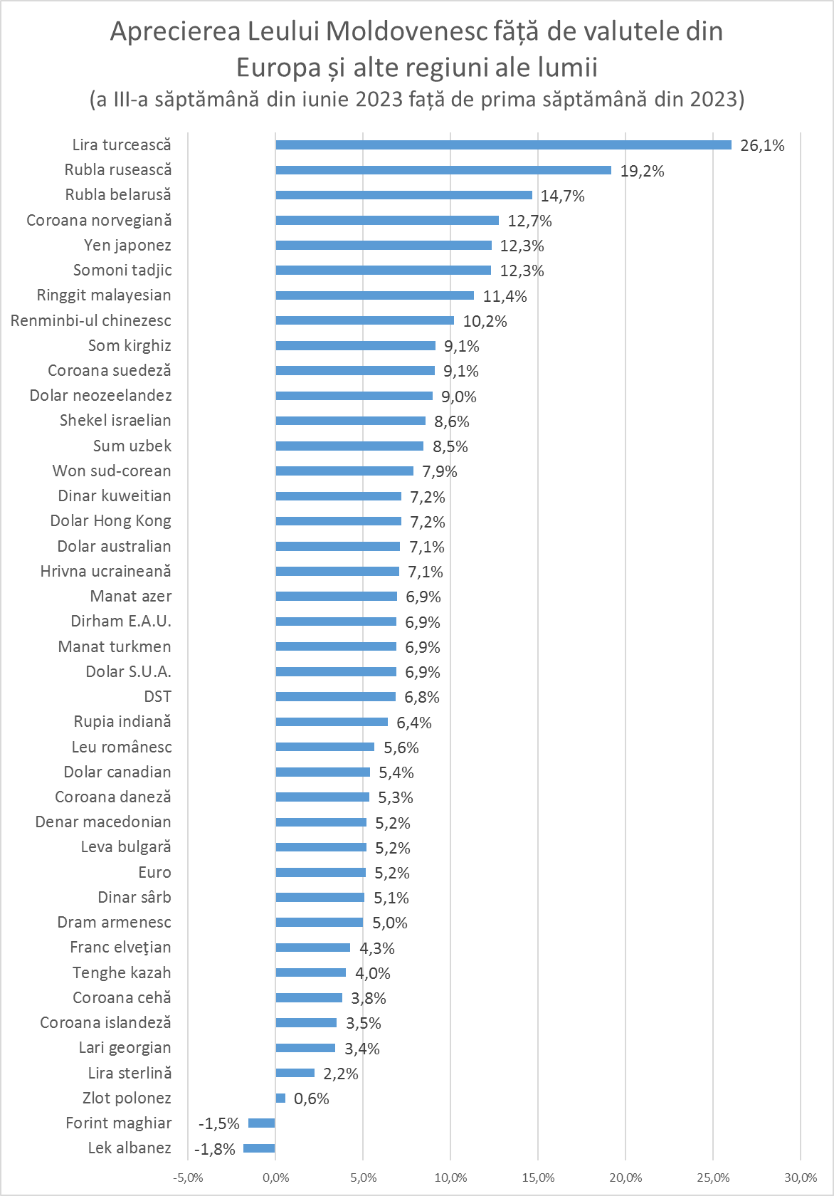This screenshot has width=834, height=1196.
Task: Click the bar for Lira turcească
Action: (x=503, y=145)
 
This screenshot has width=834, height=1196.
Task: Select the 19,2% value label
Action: (x=642, y=171)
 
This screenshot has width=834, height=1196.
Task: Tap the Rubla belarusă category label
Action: (x=118, y=195)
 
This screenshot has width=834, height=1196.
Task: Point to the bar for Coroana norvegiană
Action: (x=387, y=221)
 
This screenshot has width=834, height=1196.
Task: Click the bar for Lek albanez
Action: (x=259, y=1148)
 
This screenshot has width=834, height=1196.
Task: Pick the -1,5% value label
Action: (x=219, y=1123)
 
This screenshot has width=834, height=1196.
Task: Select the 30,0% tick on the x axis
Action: (x=801, y=1177)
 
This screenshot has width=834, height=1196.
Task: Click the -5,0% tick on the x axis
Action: (x=188, y=1177)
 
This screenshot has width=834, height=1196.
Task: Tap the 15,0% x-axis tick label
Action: (x=538, y=1177)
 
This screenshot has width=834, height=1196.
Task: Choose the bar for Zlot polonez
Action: (x=280, y=1098)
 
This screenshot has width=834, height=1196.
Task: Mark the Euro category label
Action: (x=154, y=873)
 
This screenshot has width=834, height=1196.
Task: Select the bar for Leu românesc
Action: (x=324, y=747)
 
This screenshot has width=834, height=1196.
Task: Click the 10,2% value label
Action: (x=485, y=321)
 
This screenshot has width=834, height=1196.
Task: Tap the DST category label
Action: (x=157, y=697)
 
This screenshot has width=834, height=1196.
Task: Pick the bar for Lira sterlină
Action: (x=295, y=1073)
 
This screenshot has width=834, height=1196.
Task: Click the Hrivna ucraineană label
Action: (x=105, y=572)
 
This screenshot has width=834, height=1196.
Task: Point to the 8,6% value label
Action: (x=452, y=421)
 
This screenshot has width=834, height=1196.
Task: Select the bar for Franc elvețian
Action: (x=312, y=948)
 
